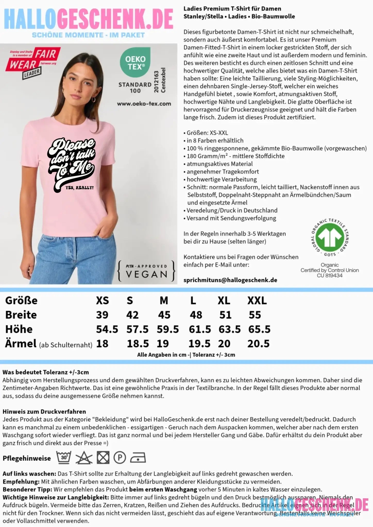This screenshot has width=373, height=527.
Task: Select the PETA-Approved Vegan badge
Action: (x=146, y=271)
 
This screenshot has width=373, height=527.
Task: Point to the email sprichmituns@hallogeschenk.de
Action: (x=230, y=280)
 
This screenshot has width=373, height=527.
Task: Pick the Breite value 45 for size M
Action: (x=164, y=315)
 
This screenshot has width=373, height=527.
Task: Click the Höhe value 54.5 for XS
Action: (x=107, y=329)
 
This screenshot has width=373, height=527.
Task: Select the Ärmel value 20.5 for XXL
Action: (x=258, y=344)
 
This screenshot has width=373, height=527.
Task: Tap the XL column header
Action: (x=224, y=300)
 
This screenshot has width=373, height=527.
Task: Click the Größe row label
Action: (x=21, y=300)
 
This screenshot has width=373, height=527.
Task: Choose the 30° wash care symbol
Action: (x=64, y=458)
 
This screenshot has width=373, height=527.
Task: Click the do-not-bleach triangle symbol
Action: (x=84, y=458)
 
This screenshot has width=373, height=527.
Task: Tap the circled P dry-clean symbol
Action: (x=120, y=458)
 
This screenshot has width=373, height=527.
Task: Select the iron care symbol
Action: (x=138, y=458)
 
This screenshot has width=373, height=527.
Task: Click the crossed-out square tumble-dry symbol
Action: (x=103, y=458)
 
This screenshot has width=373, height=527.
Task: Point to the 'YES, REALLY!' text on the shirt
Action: (x=79, y=188)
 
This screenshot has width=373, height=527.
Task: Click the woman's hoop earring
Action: (x=94, y=99)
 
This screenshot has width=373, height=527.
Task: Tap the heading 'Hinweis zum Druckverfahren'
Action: (x=44, y=411)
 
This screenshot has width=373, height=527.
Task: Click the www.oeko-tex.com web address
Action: (x=144, y=104)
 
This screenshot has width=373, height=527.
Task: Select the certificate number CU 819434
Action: (x=329, y=275)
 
